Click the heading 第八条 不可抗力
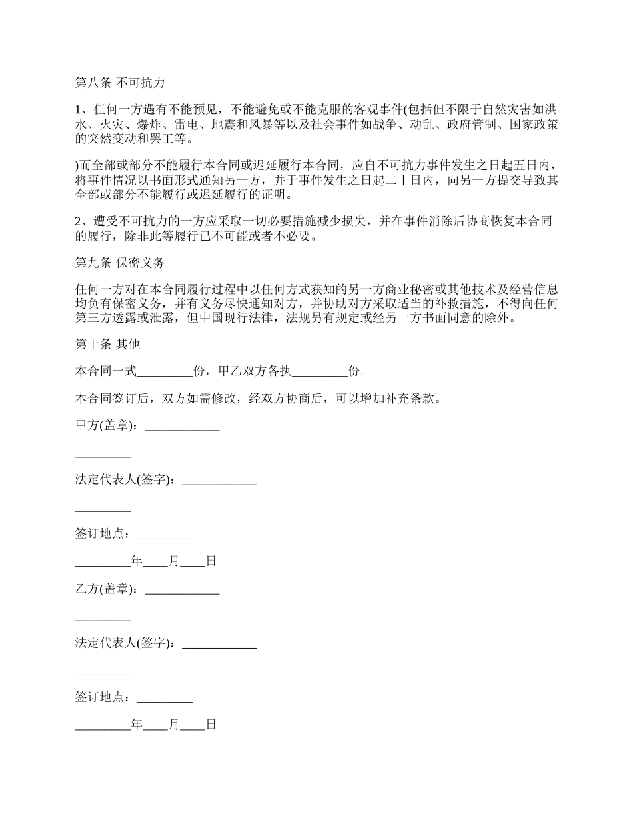tap(119, 83)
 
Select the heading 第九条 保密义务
tap(119, 263)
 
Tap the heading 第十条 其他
tap(107, 344)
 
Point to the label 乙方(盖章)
tap(106, 589)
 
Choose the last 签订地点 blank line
tap(164, 697)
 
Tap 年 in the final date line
tap(137, 725)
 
